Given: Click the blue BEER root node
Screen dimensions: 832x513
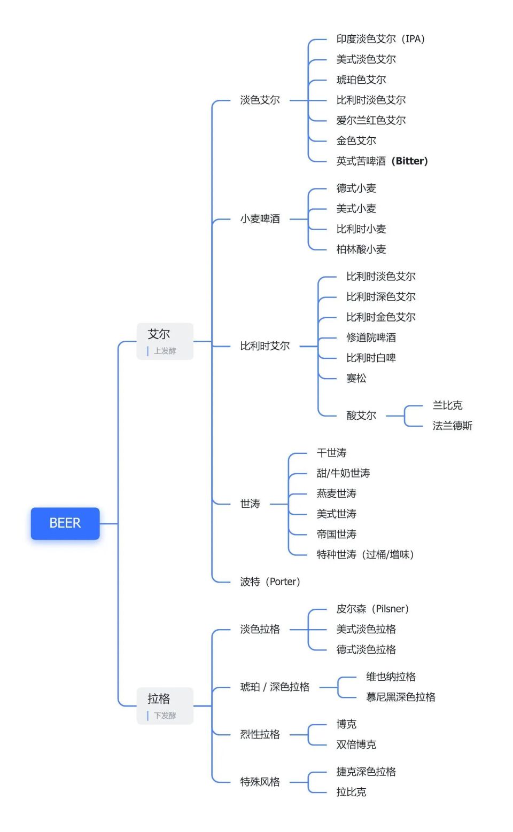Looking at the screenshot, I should click(65, 523).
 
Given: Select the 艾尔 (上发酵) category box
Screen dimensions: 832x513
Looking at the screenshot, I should click(165, 341).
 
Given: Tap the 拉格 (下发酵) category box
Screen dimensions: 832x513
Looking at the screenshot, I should click(165, 705).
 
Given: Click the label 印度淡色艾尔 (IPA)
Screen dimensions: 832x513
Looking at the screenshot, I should click(380, 39).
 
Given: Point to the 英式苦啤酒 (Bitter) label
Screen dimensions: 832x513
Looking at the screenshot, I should click(382, 161).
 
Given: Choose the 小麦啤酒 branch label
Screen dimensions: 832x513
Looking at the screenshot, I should click(260, 219).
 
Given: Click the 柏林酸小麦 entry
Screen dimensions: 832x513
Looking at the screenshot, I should click(361, 249).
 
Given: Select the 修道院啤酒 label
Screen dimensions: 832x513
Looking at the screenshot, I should click(371, 337).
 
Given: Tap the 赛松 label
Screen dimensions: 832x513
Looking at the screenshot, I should click(356, 378).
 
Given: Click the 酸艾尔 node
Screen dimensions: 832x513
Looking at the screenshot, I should click(361, 415).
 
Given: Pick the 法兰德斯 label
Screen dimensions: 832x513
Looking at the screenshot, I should click(452, 426).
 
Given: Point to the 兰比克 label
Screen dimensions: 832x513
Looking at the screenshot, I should click(447, 405).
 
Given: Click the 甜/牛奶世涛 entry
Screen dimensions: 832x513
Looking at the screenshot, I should click(343, 473).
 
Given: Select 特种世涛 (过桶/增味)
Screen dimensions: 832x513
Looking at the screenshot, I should click(365, 554).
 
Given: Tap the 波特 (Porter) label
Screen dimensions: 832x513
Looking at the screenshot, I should click(270, 582).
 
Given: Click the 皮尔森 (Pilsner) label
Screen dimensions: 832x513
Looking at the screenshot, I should click(372, 609).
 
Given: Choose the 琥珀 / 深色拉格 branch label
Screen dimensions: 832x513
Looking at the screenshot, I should click(275, 687).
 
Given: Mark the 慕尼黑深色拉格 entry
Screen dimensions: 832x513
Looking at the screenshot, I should click(400, 697).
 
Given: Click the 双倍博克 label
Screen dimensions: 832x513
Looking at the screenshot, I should click(356, 744).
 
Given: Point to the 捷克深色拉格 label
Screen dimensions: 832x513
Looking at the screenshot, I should click(366, 772).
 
